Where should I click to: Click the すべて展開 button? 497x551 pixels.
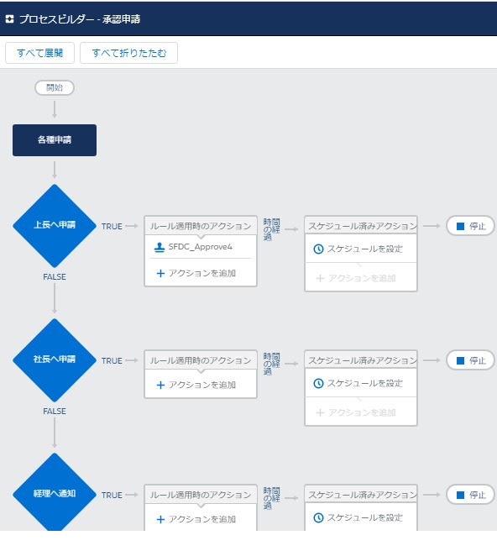(x=39, y=53)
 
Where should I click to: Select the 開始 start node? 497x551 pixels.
(x=55, y=87)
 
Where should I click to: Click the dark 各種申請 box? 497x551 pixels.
(x=55, y=140)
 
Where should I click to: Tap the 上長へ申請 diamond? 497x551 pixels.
(x=55, y=226)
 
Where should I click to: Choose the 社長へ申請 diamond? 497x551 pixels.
(x=55, y=359)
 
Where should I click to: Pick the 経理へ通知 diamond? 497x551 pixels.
(x=55, y=493)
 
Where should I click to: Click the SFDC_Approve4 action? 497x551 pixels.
(x=193, y=247)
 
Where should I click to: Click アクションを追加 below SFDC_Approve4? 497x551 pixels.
(x=196, y=273)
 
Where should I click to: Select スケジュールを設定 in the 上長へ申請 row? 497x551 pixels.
(x=358, y=249)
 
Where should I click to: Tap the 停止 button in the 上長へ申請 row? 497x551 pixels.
(x=471, y=226)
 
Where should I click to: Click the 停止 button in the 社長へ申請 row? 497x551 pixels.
(x=471, y=360)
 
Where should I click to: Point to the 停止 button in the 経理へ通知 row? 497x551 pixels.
(x=471, y=495)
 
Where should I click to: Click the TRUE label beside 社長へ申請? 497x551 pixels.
(x=112, y=361)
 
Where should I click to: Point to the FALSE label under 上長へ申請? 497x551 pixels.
(x=55, y=277)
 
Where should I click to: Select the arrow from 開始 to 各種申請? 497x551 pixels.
(x=55, y=110)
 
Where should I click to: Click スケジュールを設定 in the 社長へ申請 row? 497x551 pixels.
(x=358, y=383)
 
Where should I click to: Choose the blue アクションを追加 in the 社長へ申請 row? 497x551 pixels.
(x=196, y=386)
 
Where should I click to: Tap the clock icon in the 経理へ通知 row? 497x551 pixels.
(x=318, y=517)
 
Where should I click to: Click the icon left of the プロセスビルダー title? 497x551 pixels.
(x=10, y=19)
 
